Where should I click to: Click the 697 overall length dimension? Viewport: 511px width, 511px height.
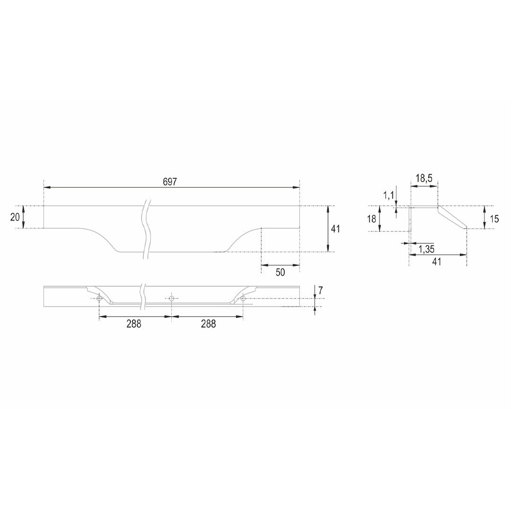pyautogui.click(x=170, y=182)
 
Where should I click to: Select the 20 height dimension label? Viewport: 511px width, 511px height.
pyautogui.click(x=15, y=217)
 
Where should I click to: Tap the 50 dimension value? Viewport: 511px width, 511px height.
pyautogui.click(x=280, y=272)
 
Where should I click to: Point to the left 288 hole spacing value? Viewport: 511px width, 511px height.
pyautogui.click(x=134, y=324)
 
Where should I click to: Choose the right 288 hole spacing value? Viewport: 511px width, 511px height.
pyautogui.click(x=209, y=324)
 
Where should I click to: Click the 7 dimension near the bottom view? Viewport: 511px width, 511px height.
pyautogui.click(x=321, y=291)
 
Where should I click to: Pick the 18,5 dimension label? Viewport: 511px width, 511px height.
pyautogui.click(x=424, y=178)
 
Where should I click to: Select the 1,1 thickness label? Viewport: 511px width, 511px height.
pyautogui.click(x=388, y=195)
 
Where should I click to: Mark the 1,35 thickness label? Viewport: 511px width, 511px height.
pyautogui.click(x=426, y=249)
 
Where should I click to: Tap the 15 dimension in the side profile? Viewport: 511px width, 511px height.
pyautogui.click(x=494, y=219)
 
